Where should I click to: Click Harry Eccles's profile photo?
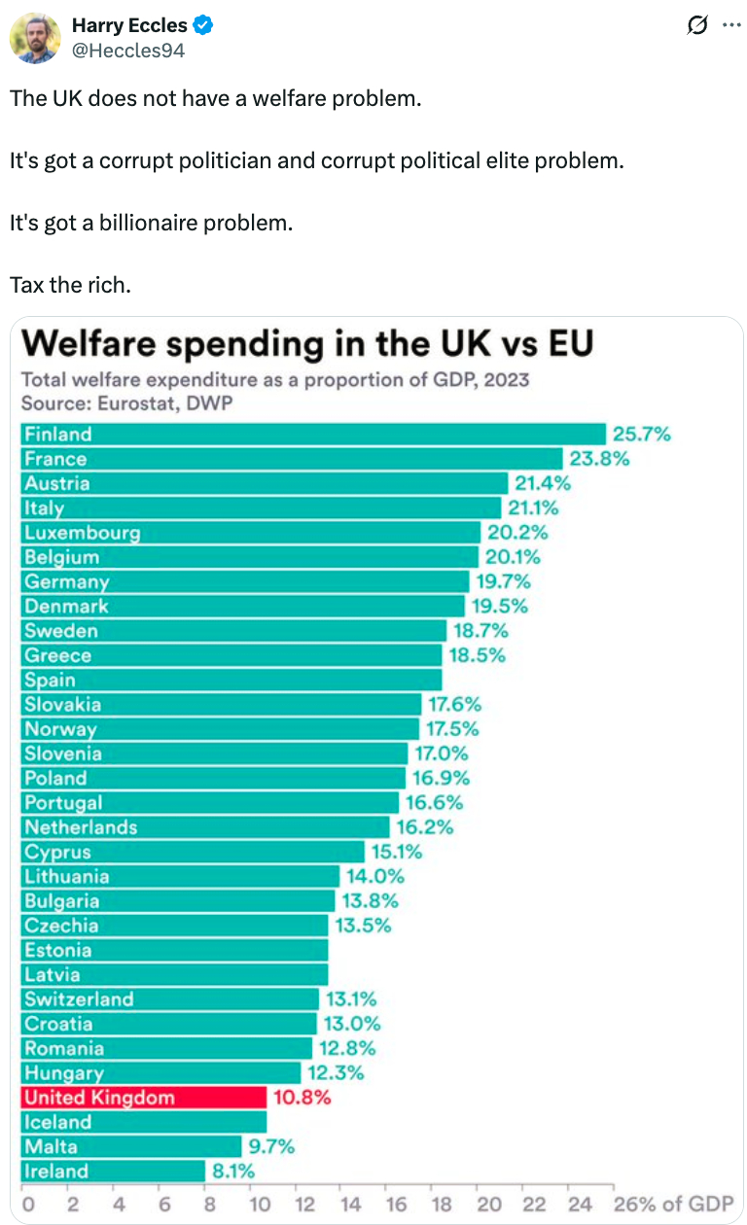(x=35, y=38)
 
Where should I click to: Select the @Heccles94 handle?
(x=128, y=50)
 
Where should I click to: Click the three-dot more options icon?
(x=731, y=26)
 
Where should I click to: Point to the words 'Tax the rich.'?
(x=70, y=285)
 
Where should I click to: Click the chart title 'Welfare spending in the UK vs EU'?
(x=307, y=344)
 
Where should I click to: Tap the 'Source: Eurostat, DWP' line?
(x=126, y=402)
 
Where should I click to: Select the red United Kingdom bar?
(x=143, y=1098)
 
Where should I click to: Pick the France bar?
(x=292, y=459)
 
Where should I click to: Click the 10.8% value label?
(x=303, y=1098)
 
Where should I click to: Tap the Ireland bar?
(x=113, y=1172)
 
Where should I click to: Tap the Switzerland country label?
(x=79, y=999)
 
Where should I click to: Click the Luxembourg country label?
(x=83, y=533)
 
